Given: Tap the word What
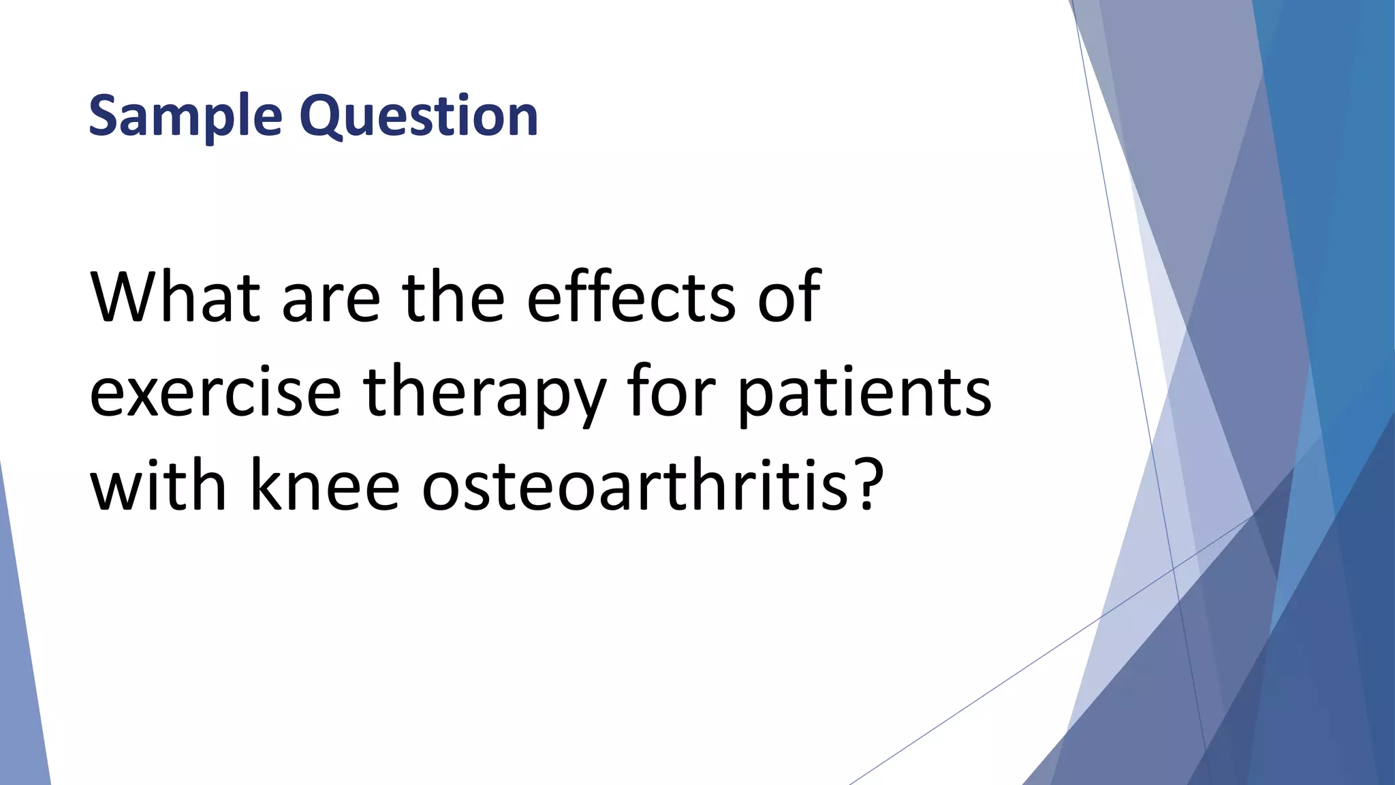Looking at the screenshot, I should point(175,297).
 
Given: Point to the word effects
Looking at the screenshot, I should point(631,297).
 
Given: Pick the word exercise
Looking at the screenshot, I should point(215,393).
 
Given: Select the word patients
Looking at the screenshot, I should point(865,393).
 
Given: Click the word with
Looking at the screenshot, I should point(158,485).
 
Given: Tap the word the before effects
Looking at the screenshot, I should point(454,297).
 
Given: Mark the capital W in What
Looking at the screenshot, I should point(123,297).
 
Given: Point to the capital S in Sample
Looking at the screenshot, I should point(104,116).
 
